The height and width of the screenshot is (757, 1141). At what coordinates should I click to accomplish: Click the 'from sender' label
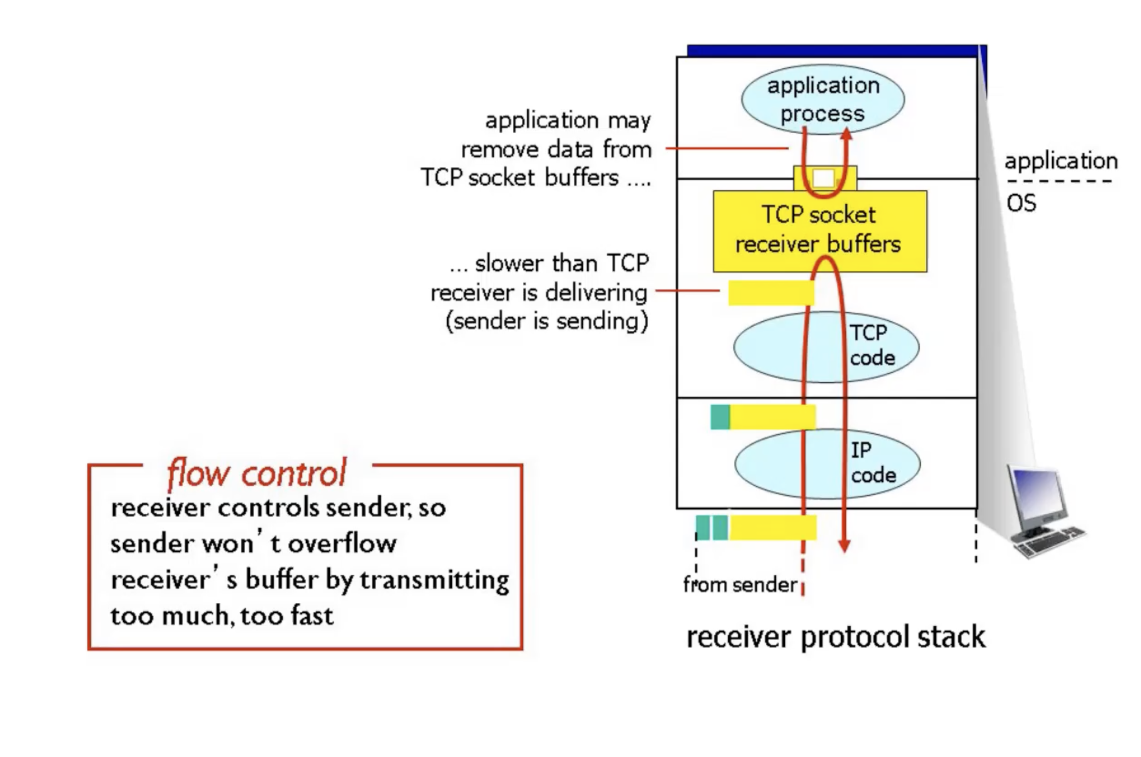coord(739,585)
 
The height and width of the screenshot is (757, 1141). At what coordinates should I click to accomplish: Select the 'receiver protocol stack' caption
coord(835,637)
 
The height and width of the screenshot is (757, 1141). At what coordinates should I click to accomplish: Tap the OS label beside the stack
coord(1021,203)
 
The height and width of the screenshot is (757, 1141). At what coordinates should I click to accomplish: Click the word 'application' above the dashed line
coord(1061,161)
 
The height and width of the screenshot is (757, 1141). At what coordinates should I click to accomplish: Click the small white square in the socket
coord(823,178)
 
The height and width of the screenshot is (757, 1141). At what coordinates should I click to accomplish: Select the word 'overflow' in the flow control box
coord(342,544)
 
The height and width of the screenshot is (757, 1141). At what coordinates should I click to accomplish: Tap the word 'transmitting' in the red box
coord(434,580)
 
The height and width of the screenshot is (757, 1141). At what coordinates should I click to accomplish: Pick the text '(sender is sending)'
coord(547,322)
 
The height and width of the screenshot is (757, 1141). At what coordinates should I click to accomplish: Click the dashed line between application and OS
coord(1059,182)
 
